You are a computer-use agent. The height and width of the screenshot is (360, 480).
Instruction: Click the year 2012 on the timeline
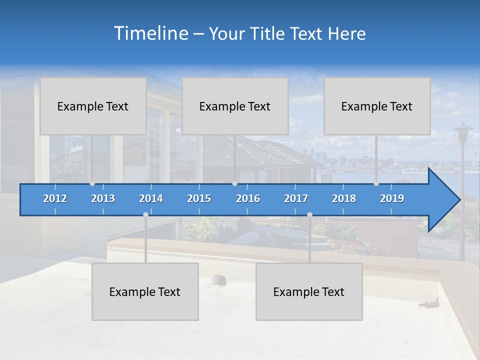55,198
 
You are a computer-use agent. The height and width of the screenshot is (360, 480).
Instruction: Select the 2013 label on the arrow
103,198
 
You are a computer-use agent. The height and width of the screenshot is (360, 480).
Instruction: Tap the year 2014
151,198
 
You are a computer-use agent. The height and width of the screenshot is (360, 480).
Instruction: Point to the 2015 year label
199,198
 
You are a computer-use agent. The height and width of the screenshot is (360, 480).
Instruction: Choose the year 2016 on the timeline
248,198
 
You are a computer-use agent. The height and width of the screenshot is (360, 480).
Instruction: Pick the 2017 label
296,198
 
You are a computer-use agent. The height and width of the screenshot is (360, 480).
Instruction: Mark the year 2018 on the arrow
344,198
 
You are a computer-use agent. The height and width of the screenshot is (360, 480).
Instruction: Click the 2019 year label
392,198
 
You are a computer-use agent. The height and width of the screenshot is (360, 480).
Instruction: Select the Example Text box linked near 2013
93,106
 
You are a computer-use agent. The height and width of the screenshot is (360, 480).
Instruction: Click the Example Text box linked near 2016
235,106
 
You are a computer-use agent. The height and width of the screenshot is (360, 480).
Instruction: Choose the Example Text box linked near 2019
377,106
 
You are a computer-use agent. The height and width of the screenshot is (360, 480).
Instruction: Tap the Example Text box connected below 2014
145,292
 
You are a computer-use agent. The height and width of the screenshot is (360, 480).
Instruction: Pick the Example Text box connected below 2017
309,292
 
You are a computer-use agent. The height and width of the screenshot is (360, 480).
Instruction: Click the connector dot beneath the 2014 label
145,214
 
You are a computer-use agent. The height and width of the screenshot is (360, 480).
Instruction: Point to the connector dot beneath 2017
309,214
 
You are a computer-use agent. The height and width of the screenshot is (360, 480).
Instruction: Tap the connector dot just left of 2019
376,183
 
